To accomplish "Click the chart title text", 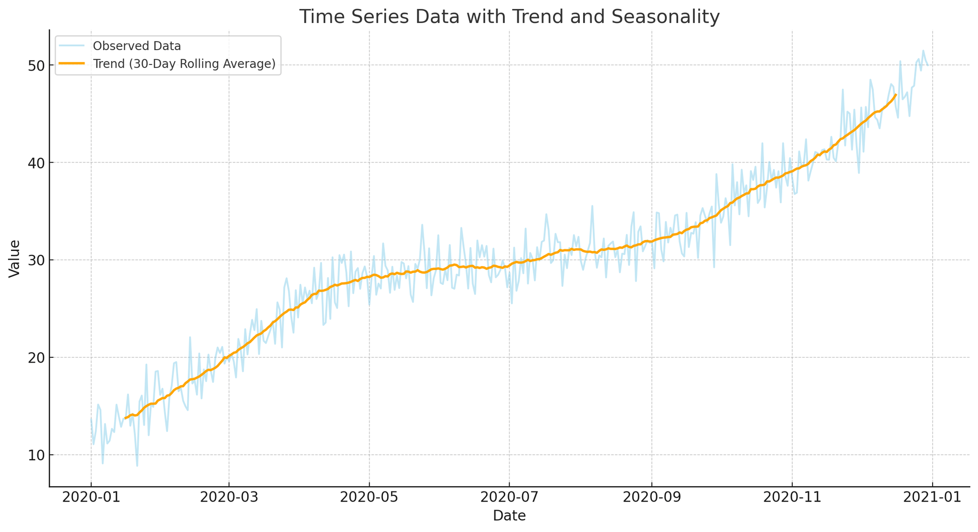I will (509, 17).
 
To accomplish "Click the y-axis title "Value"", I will (15, 258).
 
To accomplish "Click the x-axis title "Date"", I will (509, 516).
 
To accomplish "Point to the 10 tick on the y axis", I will (35, 455).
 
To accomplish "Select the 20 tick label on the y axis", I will (35, 358).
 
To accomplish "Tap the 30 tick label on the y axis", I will (35, 261).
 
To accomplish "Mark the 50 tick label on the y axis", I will (35, 65).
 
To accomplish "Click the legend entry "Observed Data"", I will (137, 46).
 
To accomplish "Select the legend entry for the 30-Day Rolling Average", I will (184, 64).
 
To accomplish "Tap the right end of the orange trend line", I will (895, 95).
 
